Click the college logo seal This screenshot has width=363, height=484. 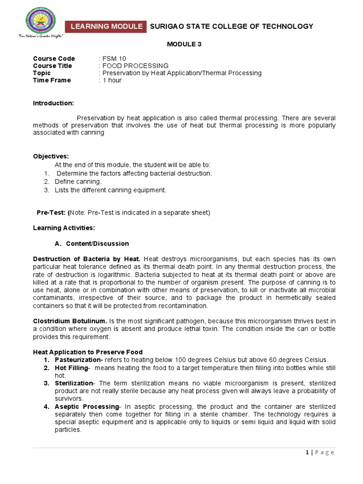(x=40, y=22)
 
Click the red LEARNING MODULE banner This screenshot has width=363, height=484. (x=106, y=26)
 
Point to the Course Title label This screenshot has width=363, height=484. (x=52, y=66)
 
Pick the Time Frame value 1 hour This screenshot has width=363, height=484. (x=112, y=80)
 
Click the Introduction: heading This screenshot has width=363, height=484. (x=53, y=104)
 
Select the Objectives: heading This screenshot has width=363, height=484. (x=51, y=156)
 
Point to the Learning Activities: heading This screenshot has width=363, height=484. (x=64, y=228)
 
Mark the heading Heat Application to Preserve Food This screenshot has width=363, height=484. (x=88, y=352)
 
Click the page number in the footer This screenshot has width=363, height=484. (x=307, y=452)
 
